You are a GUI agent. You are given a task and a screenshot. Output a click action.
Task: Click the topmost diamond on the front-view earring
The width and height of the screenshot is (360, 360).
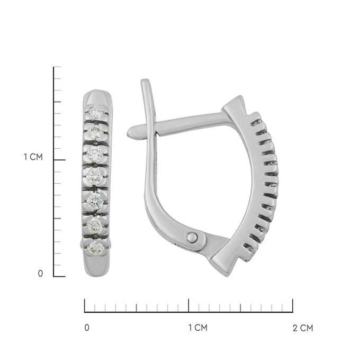(x=96, y=112)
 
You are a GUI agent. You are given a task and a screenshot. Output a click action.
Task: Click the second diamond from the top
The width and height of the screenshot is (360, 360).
(x=95, y=132)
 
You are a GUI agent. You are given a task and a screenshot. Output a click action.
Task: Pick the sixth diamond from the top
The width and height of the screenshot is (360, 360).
(x=95, y=224)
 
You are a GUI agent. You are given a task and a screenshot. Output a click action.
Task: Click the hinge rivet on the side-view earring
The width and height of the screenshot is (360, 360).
(x=192, y=237)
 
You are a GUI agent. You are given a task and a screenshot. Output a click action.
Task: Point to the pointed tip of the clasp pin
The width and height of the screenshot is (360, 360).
(x=128, y=133)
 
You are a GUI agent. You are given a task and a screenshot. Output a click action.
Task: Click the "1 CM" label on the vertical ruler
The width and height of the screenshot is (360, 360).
(x=33, y=157)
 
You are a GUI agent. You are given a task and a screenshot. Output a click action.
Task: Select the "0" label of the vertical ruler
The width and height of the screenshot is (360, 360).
(x=40, y=274)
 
